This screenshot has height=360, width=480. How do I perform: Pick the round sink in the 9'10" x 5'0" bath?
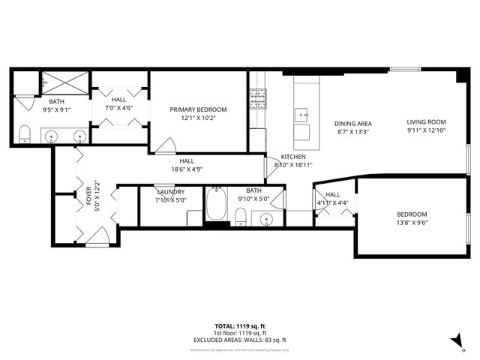pyautogui.click(x=266, y=219)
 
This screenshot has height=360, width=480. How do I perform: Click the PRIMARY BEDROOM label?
pyautogui.click(x=197, y=109)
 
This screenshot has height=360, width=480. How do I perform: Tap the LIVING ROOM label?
pyautogui.click(x=426, y=121)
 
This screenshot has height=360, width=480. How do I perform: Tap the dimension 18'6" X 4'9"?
pyautogui.click(x=186, y=169)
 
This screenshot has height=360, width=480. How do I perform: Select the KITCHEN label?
pyautogui.click(x=292, y=156)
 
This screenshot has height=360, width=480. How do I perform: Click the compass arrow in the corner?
pyautogui.click(x=454, y=341)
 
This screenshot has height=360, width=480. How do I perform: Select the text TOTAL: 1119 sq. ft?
pyautogui.click(x=239, y=326)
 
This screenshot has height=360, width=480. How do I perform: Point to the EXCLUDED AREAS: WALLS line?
pyautogui.click(x=239, y=340)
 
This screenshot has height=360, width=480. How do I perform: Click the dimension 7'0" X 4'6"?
pyautogui.click(x=119, y=108)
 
